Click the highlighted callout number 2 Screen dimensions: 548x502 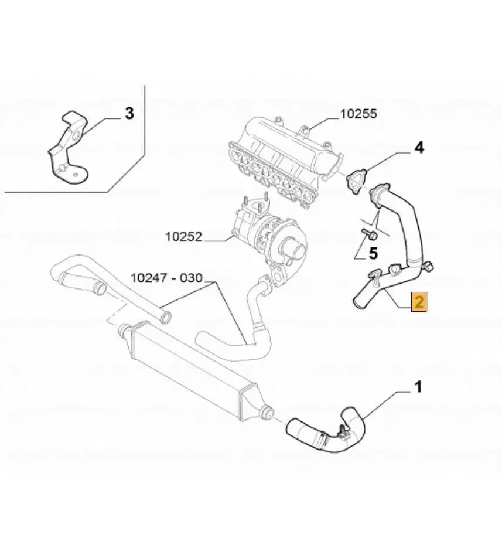pyautogui.click(x=419, y=302)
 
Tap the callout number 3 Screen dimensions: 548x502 pyautogui.click(x=129, y=113)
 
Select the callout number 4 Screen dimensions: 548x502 pyautogui.click(x=419, y=147)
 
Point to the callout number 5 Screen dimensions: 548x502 pyautogui.click(x=373, y=254)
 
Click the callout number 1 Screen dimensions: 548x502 pyautogui.click(x=418, y=387)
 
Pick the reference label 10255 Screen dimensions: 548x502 pyautogui.click(x=358, y=114)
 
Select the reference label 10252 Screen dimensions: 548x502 pyautogui.click(x=183, y=237)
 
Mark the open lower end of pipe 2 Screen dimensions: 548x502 pyautogui.click(x=358, y=302)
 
